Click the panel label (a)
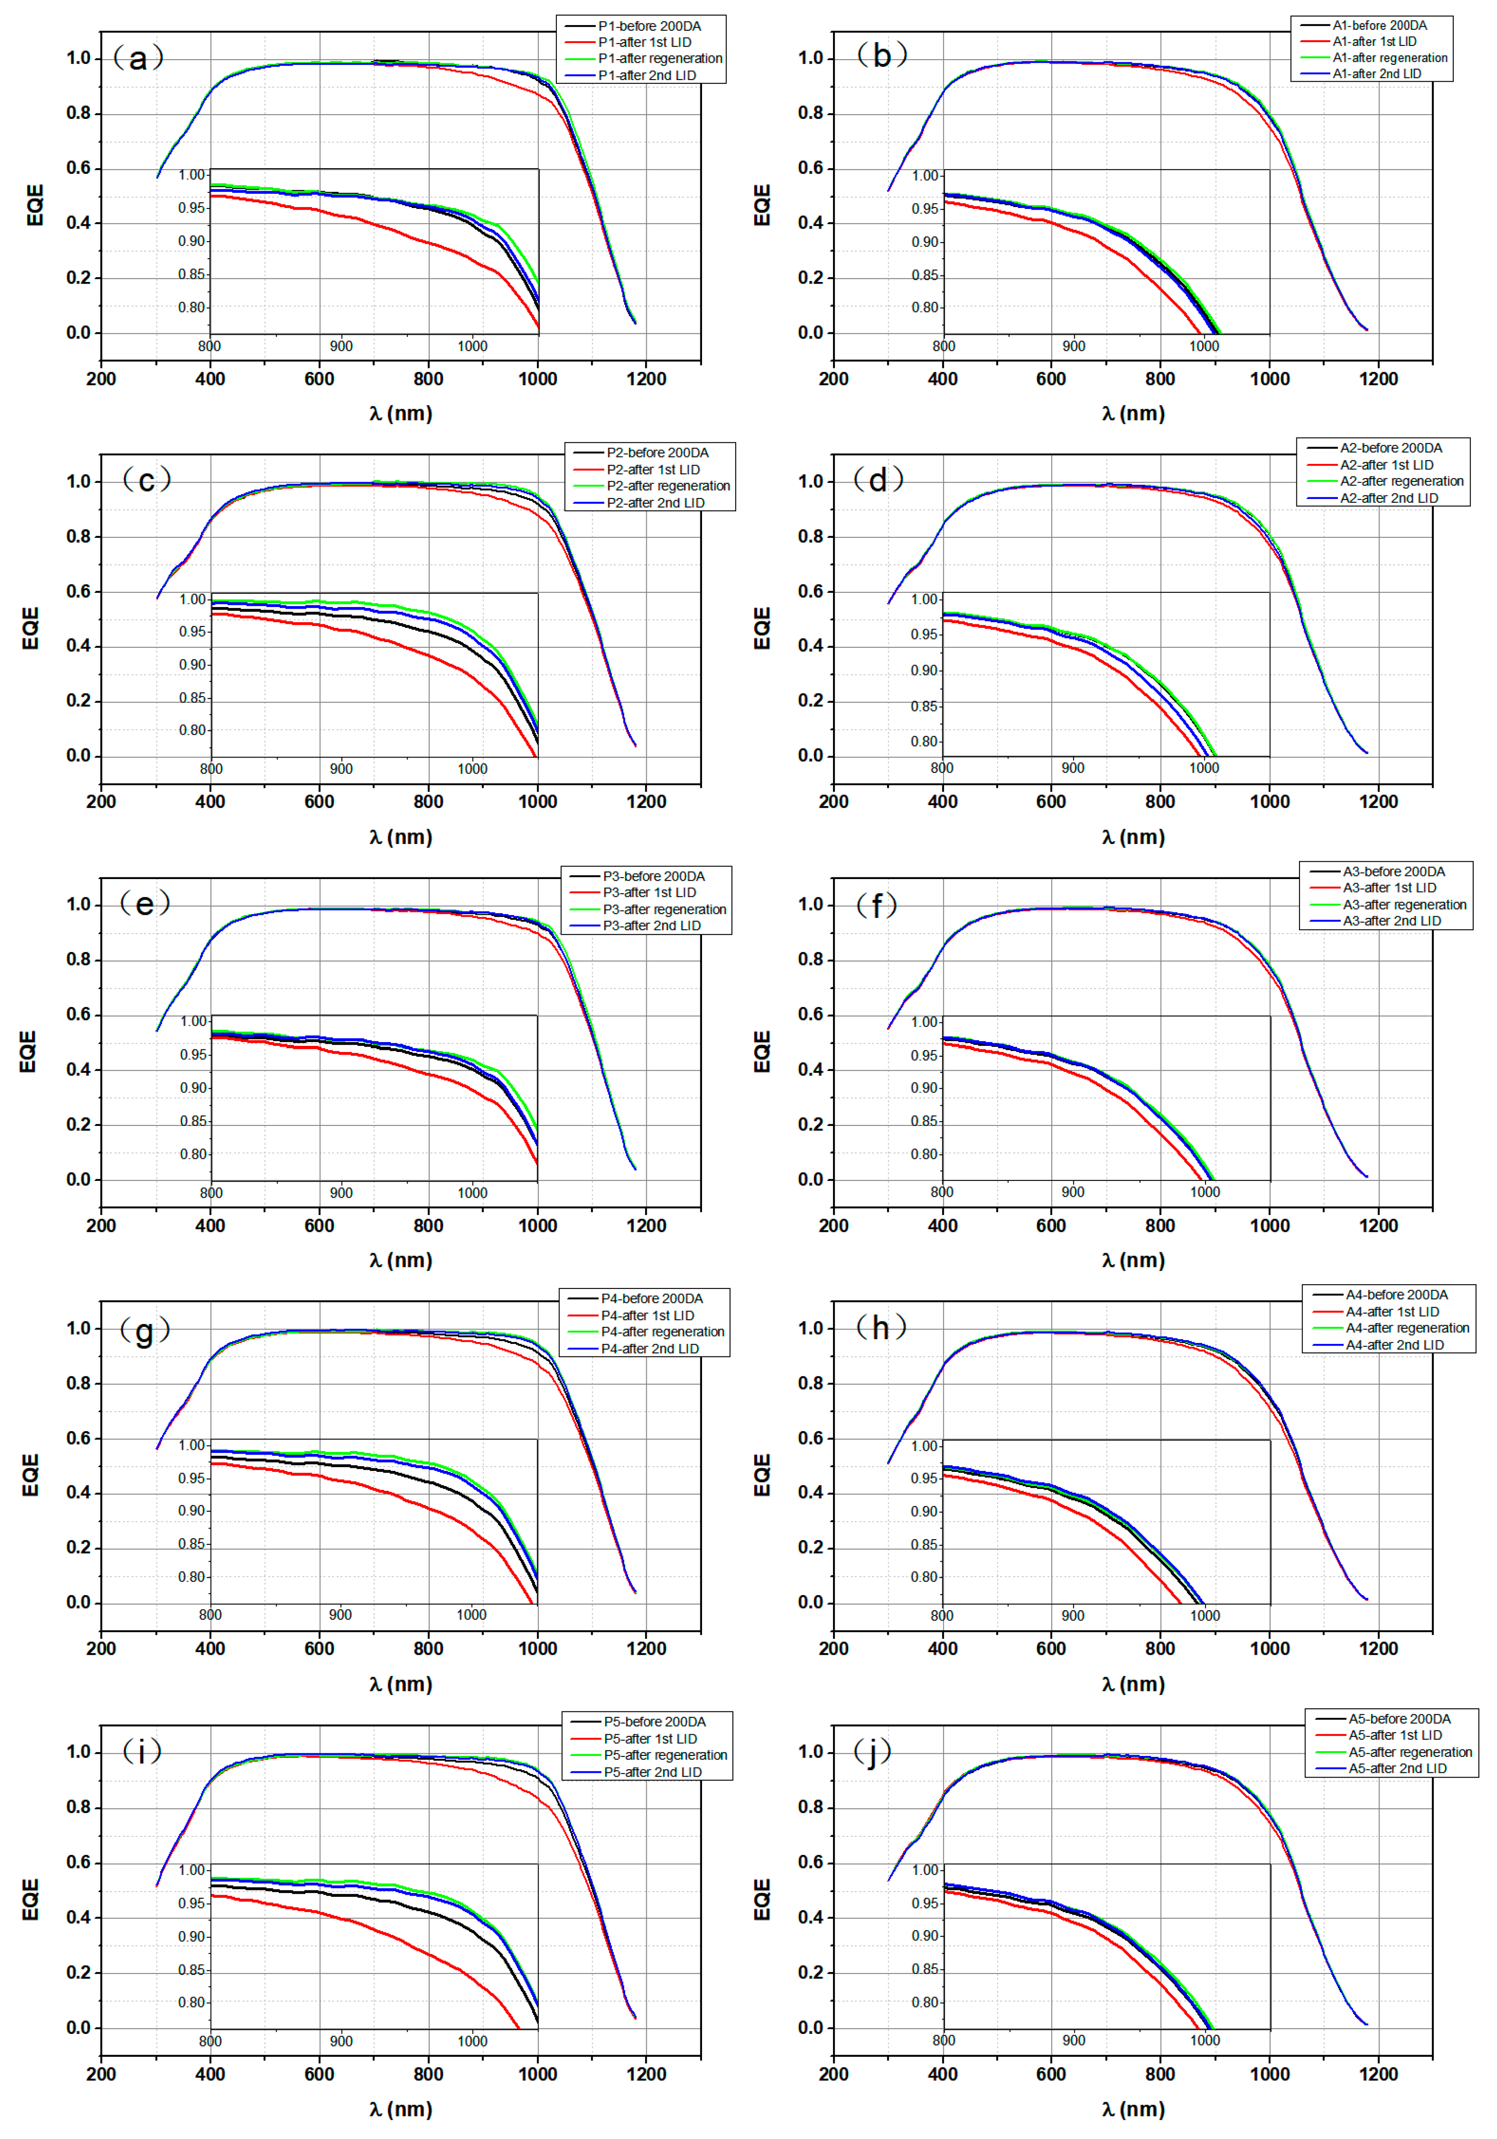tap(138, 58)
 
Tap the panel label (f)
tap(876, 905)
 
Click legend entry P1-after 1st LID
tap(645, 42)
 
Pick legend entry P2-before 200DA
tap(657, 453)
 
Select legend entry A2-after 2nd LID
tap(1388, 499)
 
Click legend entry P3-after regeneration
tap(664, 909)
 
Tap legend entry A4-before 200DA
tap(1396, 1295)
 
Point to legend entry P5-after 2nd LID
tap(652, 1772)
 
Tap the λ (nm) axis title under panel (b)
tap(1133, 414)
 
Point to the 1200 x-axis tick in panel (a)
tap(647, 379)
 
